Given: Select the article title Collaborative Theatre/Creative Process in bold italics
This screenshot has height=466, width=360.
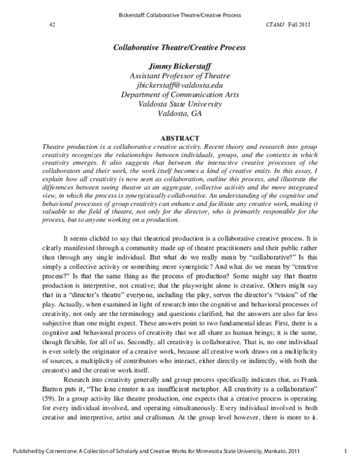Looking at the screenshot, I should pyautogui.click(x=180, y=46).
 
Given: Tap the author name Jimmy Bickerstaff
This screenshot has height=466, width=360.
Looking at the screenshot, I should pyautogui.click(x=180, y=65).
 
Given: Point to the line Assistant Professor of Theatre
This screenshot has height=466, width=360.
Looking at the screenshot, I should pyautogui.click(x=180, y=75).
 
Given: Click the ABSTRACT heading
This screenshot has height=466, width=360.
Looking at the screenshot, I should pyautogui.click(x=180, y=138).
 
